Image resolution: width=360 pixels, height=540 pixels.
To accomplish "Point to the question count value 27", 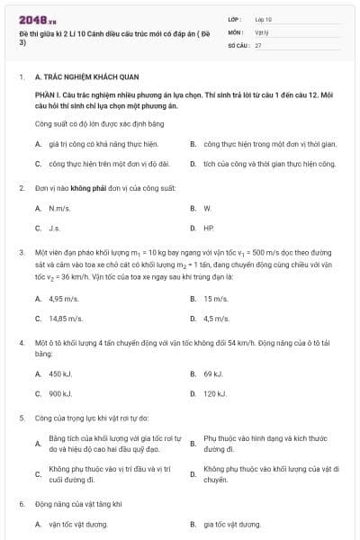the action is (x=258, y=44).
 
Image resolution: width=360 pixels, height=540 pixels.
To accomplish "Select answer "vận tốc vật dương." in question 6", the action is (x=78, y=524).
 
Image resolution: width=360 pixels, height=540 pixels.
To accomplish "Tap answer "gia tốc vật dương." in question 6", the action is (x=232, y=524).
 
